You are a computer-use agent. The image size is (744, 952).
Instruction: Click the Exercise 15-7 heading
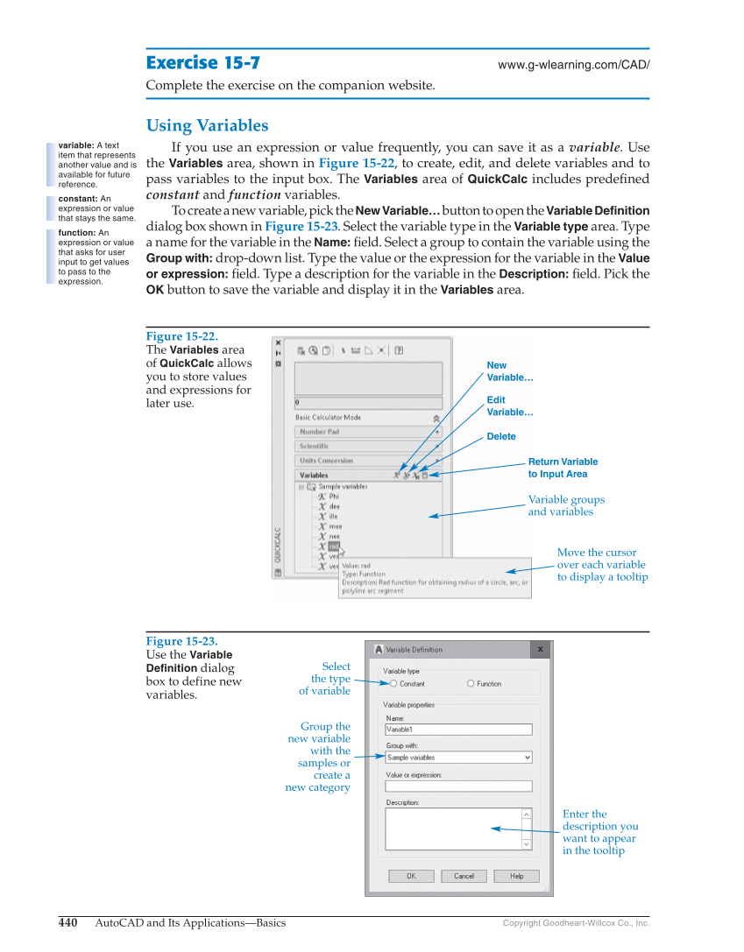tap(202, 63)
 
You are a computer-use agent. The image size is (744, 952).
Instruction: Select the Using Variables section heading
tap(207, 125)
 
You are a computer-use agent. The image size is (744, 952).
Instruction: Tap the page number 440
tap(68, 922)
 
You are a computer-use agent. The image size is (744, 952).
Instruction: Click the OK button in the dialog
tap(411, 876)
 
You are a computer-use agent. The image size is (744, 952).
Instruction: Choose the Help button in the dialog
tap(516, 876)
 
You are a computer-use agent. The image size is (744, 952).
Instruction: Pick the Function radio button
tap(471, 684)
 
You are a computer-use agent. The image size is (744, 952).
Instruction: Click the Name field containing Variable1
tap(458, 729)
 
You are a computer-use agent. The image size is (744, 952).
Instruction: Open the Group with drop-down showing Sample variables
tap(458, 758)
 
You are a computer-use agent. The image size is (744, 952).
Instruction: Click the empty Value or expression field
tap(458, 786)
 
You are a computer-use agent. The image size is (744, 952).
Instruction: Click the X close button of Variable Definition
tap(541, 650)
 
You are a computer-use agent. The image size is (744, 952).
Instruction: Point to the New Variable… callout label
tap(510, 371)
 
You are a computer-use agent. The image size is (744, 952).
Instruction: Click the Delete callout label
tap(501, 436)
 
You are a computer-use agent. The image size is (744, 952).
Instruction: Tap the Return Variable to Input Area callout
tap(563, 468)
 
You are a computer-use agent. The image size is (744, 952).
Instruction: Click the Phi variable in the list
tap(333, 497)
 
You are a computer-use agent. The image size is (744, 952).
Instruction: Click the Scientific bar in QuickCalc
tap(368, 447)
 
